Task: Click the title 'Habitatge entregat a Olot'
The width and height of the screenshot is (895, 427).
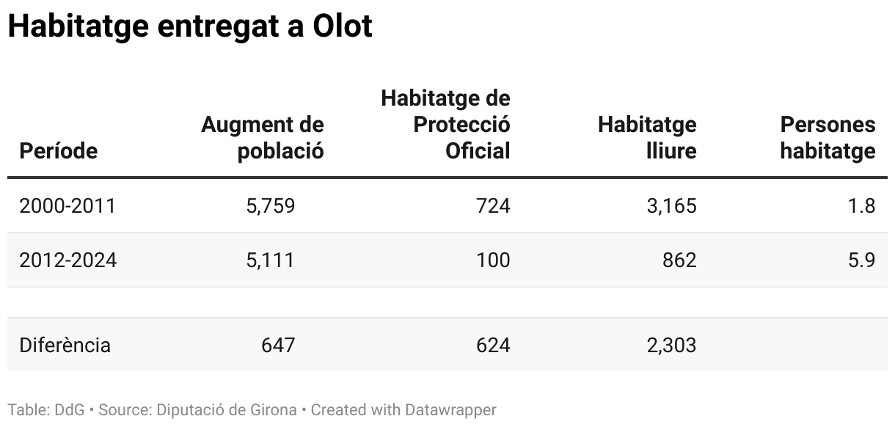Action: click(190, 27)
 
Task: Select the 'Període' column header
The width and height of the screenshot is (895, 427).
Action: click(58, 151)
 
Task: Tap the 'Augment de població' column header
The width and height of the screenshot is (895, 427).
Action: click(263, 138)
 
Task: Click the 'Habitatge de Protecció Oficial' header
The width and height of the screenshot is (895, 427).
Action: click(445, 124)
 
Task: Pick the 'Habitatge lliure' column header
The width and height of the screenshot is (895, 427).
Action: click(647, 138)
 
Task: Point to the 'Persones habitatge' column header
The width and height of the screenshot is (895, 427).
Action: click(828, 138)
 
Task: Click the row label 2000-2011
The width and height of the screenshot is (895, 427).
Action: click(67, 206)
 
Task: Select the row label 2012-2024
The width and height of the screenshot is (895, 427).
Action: click(67, 260)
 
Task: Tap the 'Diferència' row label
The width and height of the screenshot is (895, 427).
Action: click(65, 345)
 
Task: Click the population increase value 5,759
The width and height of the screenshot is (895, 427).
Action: click(271, 206)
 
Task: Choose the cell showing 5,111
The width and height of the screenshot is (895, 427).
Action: click(271, 260)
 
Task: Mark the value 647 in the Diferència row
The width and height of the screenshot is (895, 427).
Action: click(278, 345)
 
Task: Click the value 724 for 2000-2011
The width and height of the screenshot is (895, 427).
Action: click(493, 206)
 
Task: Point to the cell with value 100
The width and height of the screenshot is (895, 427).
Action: click(493, 260)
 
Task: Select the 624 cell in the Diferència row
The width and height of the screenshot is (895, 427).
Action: click(493, 345)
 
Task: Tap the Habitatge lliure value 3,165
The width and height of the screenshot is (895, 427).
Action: click(671, 206)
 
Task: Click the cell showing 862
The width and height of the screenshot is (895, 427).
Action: click(679, 260)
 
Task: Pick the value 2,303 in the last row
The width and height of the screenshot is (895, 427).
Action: click(671, 345)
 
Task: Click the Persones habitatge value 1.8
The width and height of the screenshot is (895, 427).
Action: click(861, 206)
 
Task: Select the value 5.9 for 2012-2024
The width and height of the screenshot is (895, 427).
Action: click(861, 260)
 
